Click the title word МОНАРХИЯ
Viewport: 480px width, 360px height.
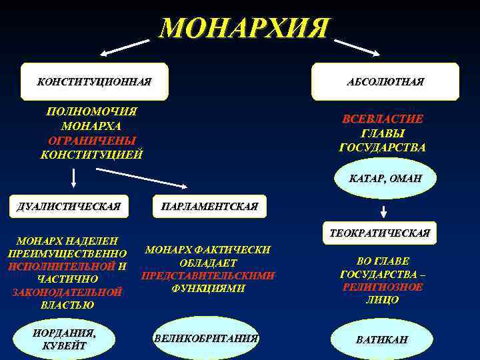[244, 28]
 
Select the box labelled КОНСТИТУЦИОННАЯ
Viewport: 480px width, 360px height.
[94, 81]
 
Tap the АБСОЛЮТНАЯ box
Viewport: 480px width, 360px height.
[385, 81]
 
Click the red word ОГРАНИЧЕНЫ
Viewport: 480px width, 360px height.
[92, 141]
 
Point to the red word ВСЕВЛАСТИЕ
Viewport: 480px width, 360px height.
[383, 119]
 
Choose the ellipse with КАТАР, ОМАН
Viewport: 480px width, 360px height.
[385, 179]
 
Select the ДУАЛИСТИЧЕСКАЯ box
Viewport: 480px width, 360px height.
[69, 207]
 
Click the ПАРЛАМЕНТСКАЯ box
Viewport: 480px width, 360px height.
[209, 207]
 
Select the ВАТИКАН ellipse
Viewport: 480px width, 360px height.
[382, 340]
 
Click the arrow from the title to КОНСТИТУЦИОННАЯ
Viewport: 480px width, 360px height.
[125, 47]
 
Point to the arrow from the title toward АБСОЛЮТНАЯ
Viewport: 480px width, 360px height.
[357, 47]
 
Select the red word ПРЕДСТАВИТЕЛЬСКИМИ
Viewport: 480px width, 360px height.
[208, 275]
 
